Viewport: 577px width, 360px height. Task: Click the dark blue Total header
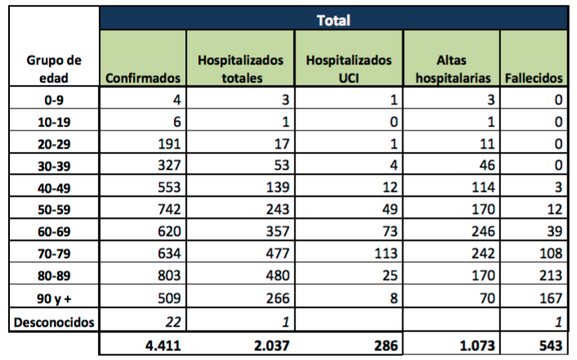334,20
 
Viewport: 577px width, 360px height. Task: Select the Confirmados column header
143,78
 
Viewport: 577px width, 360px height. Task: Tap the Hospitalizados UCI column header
348,69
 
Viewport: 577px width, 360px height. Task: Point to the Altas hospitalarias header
453,69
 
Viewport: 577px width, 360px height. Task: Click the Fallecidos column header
534,78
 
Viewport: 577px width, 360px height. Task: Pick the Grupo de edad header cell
54,69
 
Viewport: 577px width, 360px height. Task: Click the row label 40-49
54,188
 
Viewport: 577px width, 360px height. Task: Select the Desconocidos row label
54,322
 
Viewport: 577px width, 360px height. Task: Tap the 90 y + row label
54,298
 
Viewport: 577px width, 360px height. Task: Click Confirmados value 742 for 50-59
169,209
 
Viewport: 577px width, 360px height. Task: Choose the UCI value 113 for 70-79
386,253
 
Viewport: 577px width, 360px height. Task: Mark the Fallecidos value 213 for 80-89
551,275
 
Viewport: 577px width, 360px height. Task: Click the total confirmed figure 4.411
163,345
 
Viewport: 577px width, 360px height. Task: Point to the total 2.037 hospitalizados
272,345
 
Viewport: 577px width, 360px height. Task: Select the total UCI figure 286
386,345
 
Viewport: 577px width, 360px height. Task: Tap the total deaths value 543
551,345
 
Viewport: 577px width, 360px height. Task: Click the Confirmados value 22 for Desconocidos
173,322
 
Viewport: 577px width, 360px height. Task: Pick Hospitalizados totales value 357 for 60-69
277,231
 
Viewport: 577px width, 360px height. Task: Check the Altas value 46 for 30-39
487,165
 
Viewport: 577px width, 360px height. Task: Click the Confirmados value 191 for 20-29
169,144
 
